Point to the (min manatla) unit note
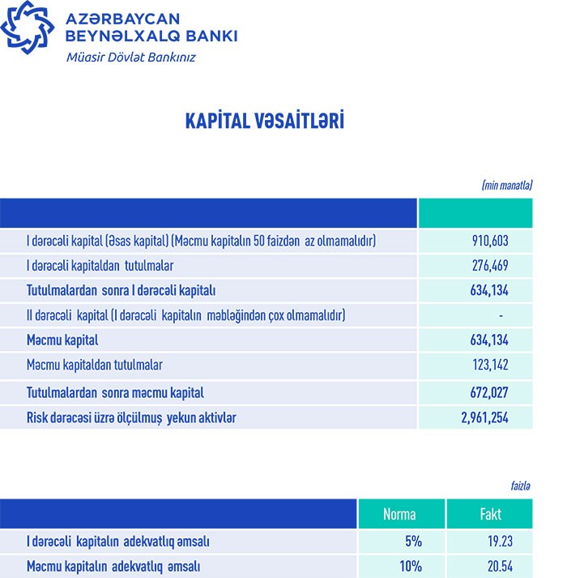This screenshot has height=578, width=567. point(506,185)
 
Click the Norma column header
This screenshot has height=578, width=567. point(400,514)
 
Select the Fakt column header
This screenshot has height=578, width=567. point(490,514)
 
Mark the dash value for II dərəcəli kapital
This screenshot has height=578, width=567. point(502,315)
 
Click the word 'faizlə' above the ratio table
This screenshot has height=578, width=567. point(518,485)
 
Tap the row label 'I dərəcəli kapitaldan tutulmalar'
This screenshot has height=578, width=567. point(100,266)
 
